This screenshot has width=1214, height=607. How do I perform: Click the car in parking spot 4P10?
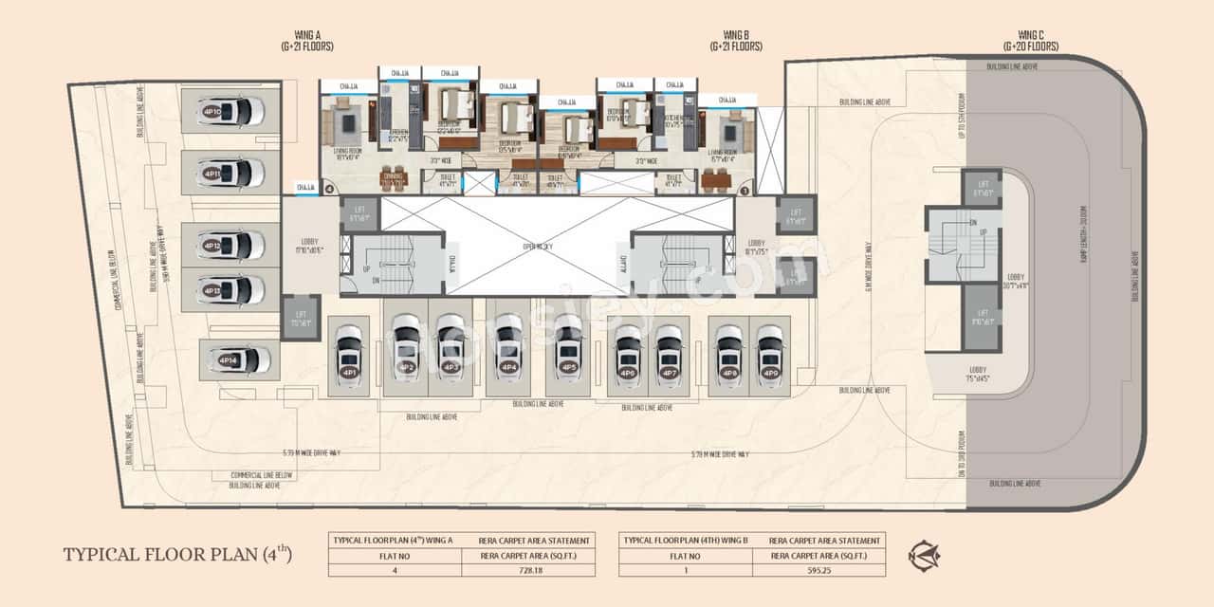coord(231,112)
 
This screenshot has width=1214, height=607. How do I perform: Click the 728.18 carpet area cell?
coord(528,570)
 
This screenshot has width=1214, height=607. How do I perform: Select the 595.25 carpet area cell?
coord(819,570)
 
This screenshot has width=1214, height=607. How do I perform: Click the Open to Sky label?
coord(537,246)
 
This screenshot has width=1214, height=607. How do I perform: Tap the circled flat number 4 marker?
coord(330,190)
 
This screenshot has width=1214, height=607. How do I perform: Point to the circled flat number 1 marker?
coord(745,190)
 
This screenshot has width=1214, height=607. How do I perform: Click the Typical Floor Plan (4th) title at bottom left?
coord(177,554)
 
